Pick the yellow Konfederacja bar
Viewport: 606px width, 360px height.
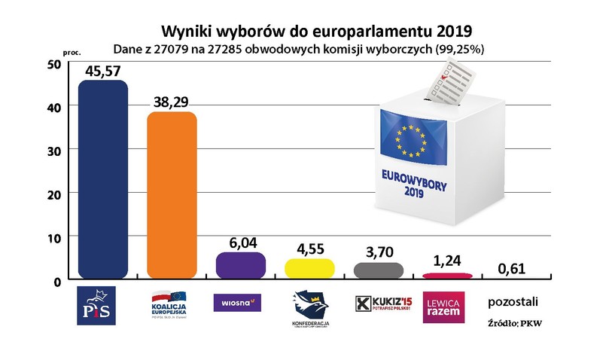(309, 268)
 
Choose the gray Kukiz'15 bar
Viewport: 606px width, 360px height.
(378, 270)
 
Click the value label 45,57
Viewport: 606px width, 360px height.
(104, 71)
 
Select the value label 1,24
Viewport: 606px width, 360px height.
(448, 264)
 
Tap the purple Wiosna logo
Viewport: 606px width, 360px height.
(237, 303)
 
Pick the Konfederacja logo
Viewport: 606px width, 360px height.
(309, 309)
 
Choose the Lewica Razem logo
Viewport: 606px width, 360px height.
(445, 307)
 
